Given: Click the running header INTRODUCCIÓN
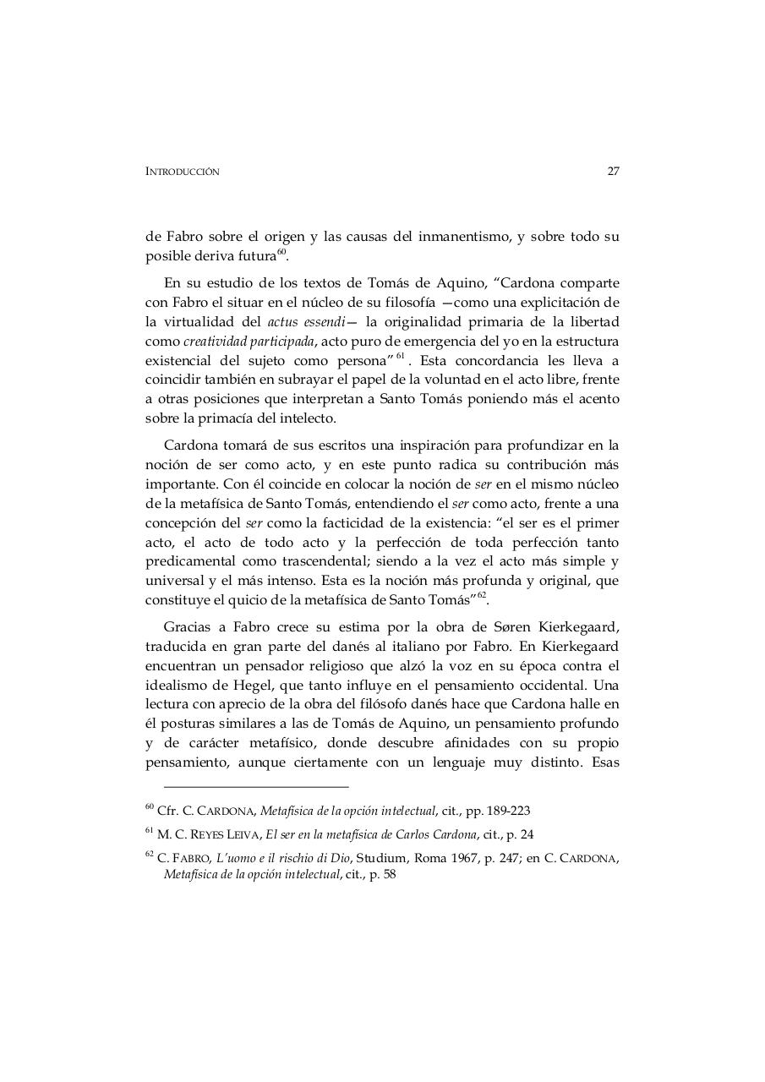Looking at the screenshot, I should [x=183, y=172].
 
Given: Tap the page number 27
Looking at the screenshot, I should [x=613, y=171].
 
